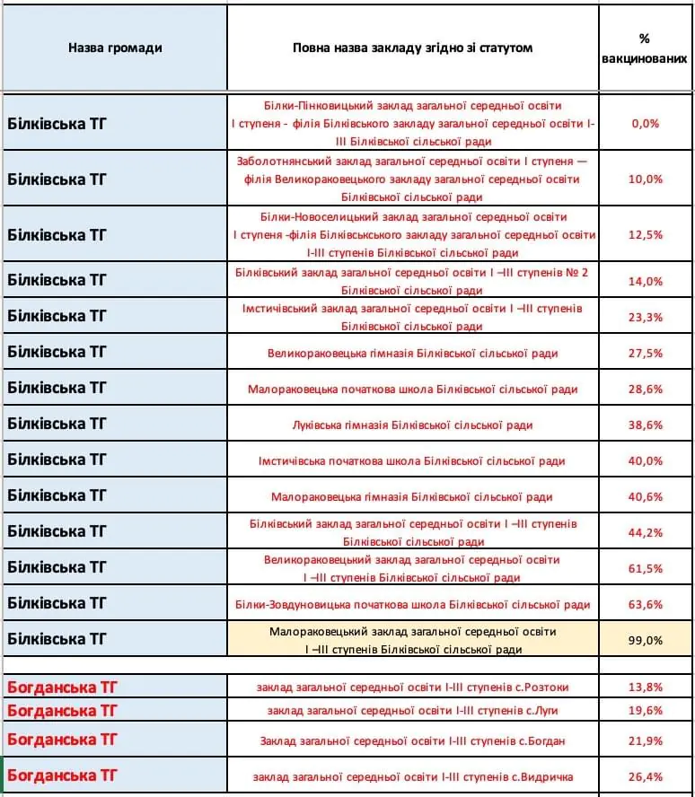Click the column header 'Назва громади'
pyautogui.click(x=115, y=48)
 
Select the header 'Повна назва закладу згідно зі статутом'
pyautogui.click(x=412, y=48)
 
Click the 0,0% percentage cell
pyautogui.click(x=646, y=124)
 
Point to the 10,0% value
pyautogui.click(x=646, y=179)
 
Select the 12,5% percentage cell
pyautogui.click(x=646, y=234)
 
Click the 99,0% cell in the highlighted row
pyautogui.click(x=646, y=640)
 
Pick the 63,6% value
pyautogui.click(x=646, y=604)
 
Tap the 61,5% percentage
pyautogui.click(x=646, y=568)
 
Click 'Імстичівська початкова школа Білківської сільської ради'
pyautogui.click(x=412, y=460)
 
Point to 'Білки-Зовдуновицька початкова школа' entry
pyautogui.click(x=412, y=604)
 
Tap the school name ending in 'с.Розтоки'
pyautogui.click(x=412, y=688)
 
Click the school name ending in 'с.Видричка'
pyautogui.click(x=412, y=776)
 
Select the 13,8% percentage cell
pyautogui.click(x=646, y=688)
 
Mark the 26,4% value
pyautogui.click(x=646, y=776)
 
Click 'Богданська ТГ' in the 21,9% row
pyautogui.click(x=62, y=740)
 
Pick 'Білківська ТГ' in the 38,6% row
pyautogui.click(x=57, y=423)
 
